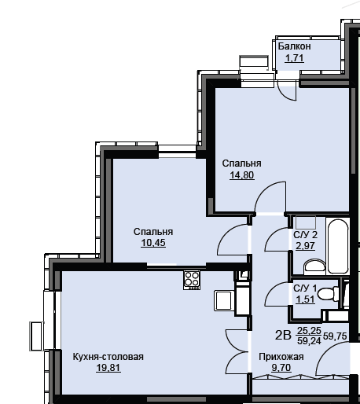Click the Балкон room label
[x=294, y=46]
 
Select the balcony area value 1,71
[x=294, y=58]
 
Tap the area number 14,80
[x=241, y=174]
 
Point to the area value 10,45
[x=153, y=243]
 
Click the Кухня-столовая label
[x=108, y=357]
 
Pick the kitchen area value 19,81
[x=108, y=368]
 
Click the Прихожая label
[x=281, y=357]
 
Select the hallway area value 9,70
[x=281, y=368]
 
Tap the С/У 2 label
[x=305, y=235]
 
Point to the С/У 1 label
[x=305, y=288]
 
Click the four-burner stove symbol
[x=192, y=280]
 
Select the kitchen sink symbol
[x=224, y=300]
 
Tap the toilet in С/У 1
[x=328, y=294]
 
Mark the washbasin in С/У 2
[x=314, y=266]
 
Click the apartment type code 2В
[x=283, y=336]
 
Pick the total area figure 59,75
[x=335, y=336]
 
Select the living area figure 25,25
[x=309, y=331]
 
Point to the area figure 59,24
[x=309, y=340]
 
